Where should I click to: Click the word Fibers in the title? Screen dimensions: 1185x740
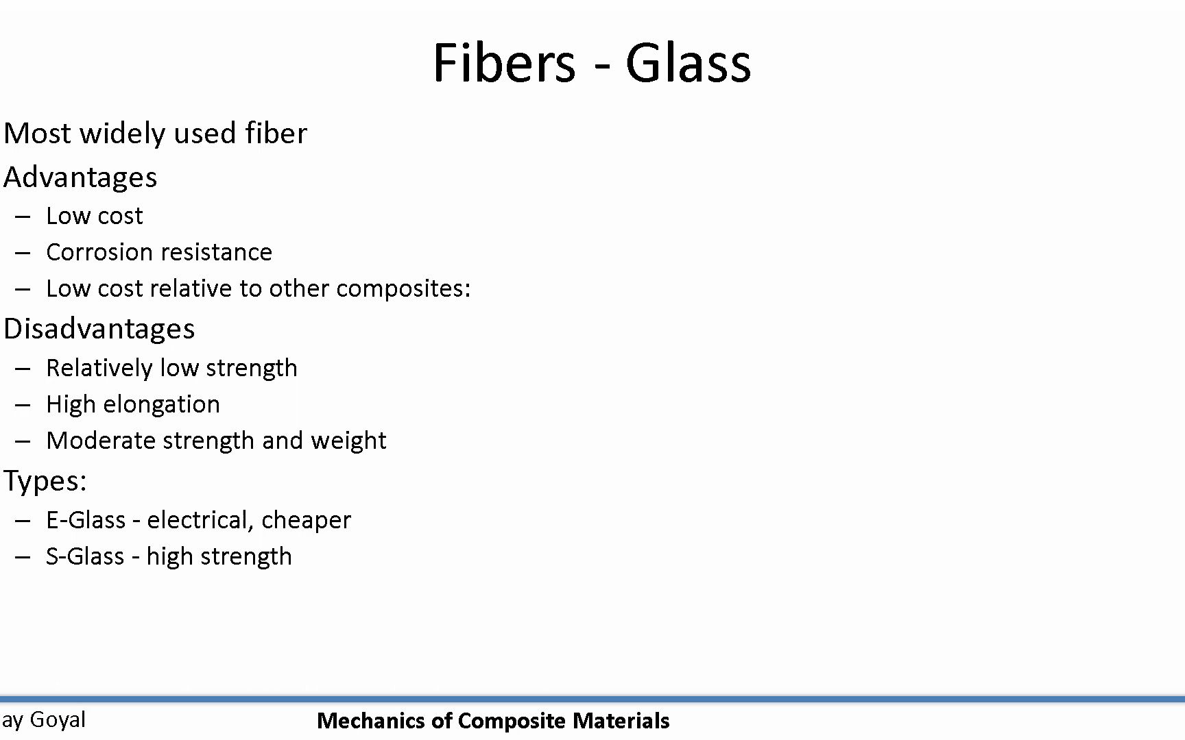504,62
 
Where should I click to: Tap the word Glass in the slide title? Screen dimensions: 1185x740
688,62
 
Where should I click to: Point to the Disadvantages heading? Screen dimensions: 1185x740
99,330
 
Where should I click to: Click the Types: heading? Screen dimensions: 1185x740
45,482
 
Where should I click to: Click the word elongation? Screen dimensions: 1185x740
162,405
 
